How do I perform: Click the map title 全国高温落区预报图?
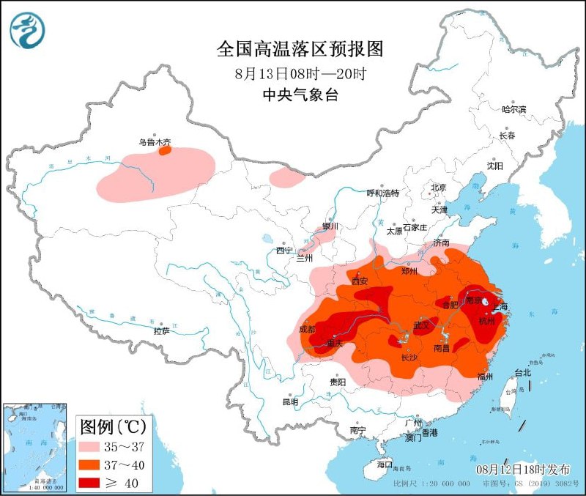[x=300, y=49]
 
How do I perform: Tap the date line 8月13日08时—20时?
[x=300, y=74]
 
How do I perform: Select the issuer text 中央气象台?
[x=300, y=95]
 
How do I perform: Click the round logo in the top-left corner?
[x=27, y=30]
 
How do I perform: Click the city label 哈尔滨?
[x=513, y=109]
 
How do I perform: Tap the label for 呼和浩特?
[x=382, y=193]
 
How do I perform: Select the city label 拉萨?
[x=161, y=331]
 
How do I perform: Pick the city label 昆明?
[x=290, y=401]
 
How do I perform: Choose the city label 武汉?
[x=420, y=324]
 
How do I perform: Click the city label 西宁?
[x=284, y=251]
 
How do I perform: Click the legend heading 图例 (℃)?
[x=113, y=426]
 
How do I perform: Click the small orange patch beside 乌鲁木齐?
[x=166, y=150]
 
